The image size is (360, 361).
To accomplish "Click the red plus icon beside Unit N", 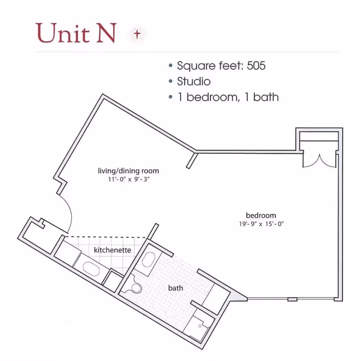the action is click(x=137, y=34).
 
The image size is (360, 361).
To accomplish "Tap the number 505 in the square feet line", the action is click(x=256, y=66).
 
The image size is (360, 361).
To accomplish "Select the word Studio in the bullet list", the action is click(x=194, y=81).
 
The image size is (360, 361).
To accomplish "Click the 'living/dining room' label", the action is click(x=128, y=171).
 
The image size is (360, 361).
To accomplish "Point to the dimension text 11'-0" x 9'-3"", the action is click(x=129, y=179).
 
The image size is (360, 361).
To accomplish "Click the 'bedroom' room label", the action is click(x=261, y=215).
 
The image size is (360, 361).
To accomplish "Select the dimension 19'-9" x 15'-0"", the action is click(x=261, y=224).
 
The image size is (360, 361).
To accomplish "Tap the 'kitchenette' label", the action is click(x=112, y=250).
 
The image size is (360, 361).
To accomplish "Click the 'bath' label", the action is click(x=175, y=288).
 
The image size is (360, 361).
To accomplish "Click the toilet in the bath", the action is click(x=135, y=287).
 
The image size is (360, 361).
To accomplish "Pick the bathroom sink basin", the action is click(x=148, y=259).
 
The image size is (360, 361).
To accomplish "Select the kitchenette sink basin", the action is click(x=91, y=269).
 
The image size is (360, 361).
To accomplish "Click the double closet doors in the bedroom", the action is click(x=319, y=161).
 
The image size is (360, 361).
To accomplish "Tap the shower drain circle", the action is click(x=200, y=326).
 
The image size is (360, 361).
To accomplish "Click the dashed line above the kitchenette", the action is click(x=105, y=237).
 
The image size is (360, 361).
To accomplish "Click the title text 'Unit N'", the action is click(x=76, y=33).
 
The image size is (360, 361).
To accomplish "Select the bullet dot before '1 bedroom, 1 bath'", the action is click(x=171, y=97).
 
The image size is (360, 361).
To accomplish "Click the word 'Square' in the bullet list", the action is click(x=197, y=66).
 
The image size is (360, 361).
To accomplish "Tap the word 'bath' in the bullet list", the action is click(x=266, y=97).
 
